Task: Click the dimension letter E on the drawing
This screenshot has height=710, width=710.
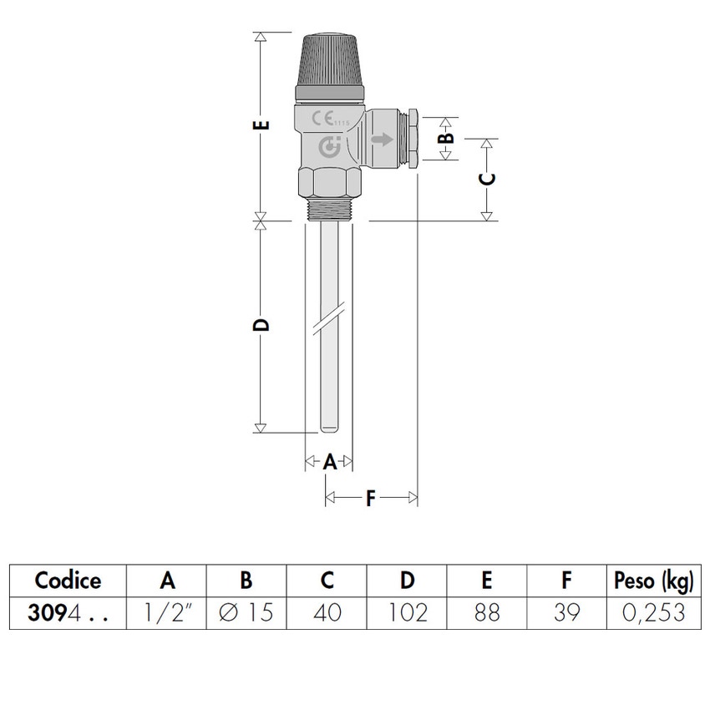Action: (x=261, y=126)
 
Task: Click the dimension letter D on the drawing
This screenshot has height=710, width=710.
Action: (x=261, y=324)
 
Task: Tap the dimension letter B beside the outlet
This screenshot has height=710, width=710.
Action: (x=446, y=137)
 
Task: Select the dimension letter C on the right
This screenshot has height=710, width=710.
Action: (x=489, y=178)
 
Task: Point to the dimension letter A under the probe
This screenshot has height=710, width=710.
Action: (x=330, y=461)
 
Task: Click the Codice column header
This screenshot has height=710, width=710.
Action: (x=68, y=581)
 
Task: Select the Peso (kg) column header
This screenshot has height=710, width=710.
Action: (x=653, y=581)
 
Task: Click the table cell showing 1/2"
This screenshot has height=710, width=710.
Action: (x=166, y=613)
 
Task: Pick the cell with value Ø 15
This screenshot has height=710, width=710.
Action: (x=246, y=613)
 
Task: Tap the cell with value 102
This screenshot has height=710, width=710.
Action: (x=407, y=613)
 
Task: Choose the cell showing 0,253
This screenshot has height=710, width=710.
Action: (x=653, y=613)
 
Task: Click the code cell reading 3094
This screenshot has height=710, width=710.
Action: (x=68, y=613)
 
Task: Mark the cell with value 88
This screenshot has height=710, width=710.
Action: (x=487, y=613)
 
